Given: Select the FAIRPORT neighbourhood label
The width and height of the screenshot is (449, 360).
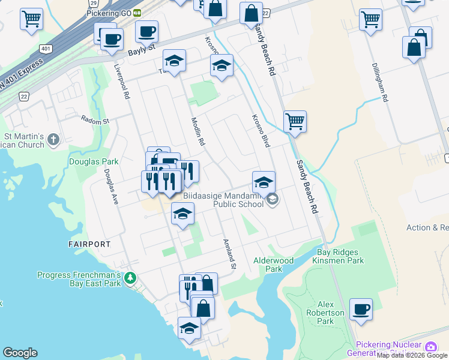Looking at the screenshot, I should (89, 244).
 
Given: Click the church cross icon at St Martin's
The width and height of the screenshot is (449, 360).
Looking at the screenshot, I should (53, 140).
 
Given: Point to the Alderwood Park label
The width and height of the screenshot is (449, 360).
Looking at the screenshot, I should (273, 265).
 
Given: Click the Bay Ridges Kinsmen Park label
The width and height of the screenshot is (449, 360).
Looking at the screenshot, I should (340, 257).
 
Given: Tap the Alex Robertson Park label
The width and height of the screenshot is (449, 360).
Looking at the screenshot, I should (334, 313).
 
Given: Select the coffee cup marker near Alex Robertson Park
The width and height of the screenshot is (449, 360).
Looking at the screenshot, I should (361, 310).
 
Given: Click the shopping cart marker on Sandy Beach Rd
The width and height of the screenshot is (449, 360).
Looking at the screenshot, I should (295, 122).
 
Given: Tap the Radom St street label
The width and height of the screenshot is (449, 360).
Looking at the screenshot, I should (95, 121).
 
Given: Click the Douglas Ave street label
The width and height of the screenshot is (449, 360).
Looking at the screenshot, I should (109, 187).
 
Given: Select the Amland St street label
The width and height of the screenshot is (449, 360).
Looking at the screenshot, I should (229, 254).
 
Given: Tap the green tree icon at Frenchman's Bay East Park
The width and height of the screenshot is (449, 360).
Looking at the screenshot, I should (130, 278).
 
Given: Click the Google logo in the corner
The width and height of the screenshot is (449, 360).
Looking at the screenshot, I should (20, 353).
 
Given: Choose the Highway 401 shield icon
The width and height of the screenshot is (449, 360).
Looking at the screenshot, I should (47, 47).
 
